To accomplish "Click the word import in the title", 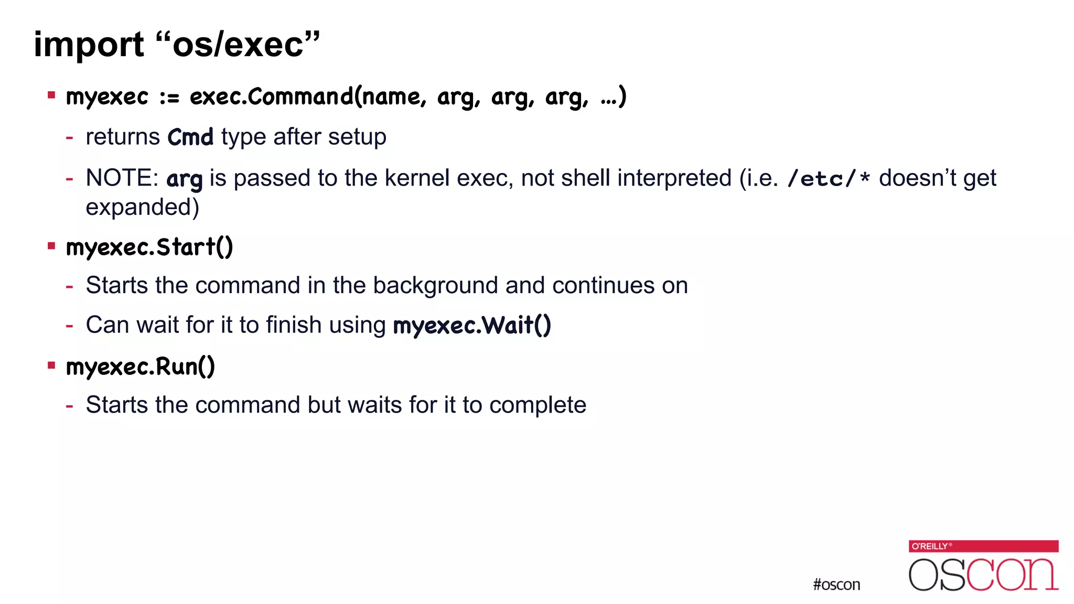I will tap(88, 45).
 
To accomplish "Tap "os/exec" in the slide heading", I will tap(239, 44).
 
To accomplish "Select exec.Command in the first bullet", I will tap(271, 96).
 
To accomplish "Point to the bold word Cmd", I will tap(190, 137).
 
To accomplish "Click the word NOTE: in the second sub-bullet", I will tap(122, 178).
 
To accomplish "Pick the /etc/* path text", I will tap(829, 179).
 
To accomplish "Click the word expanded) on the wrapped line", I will tap(142, 207).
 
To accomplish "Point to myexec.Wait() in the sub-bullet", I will tap(472, 326).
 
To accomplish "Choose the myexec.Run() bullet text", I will tap(141, 366).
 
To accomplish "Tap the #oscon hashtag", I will tap(836, 585).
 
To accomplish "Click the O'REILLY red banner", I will tap(983, 546).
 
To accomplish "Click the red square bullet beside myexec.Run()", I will tap(51, 365).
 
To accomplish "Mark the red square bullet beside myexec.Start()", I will tap(51, 246).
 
